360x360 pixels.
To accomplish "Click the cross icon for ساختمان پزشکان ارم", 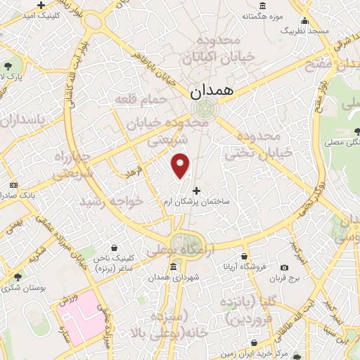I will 196,191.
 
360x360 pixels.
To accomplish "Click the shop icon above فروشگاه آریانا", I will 243,255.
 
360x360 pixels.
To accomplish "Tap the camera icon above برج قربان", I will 284,267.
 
